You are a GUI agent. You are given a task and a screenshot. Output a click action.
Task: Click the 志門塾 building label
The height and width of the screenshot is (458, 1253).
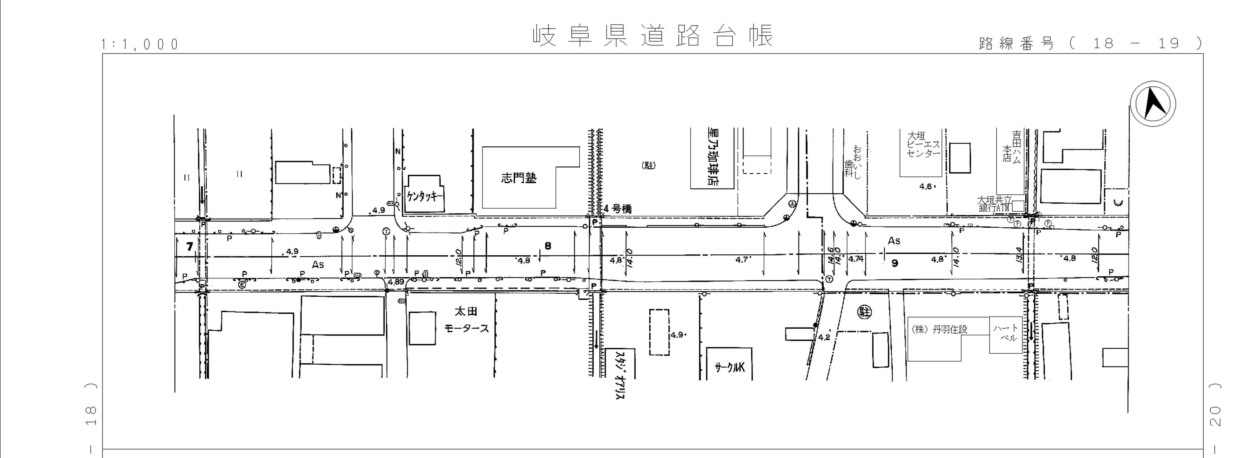pos(519,178)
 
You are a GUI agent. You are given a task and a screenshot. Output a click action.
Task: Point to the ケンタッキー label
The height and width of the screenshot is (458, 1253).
pos(425,197)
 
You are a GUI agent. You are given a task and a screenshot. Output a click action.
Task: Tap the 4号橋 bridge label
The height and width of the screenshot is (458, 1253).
pos(617,209)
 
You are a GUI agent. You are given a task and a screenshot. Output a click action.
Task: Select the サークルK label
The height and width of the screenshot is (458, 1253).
pos(729,368)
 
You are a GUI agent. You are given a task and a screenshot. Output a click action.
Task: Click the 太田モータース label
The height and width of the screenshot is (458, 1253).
pos(466,320)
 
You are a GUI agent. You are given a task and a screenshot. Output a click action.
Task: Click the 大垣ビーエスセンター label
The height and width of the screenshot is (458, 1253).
pos(923,145)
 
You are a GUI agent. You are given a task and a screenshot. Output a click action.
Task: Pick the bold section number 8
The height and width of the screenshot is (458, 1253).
pos(548,246)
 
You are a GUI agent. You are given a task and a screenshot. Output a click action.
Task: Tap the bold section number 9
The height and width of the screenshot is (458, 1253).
pos(894,263)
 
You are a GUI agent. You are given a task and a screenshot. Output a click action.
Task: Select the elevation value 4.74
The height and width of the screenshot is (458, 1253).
pos(856,259)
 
